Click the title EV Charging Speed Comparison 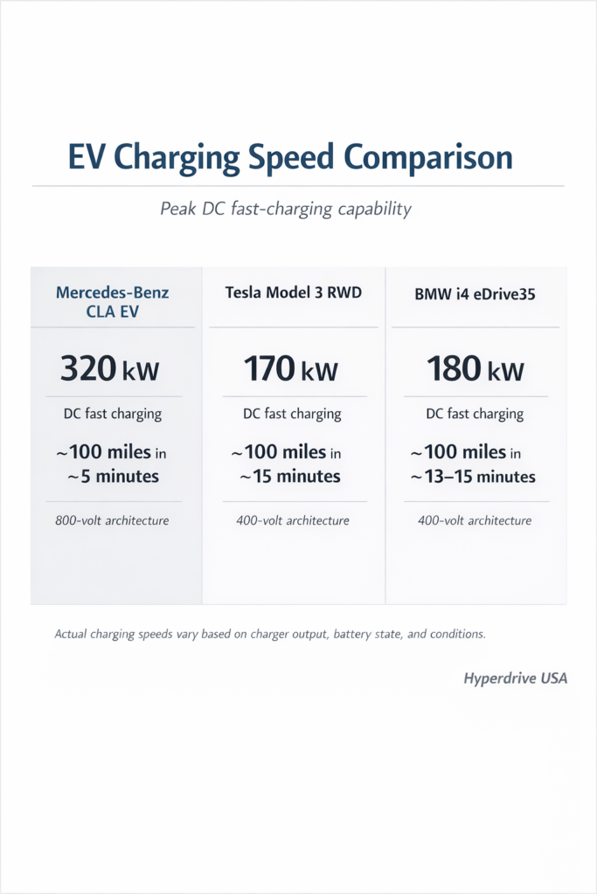point(290,158)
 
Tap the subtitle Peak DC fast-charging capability point(286,210)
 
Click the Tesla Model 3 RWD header point(292,292)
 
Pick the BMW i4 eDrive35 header point(475,294)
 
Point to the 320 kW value point(109,368)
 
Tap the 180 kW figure point(475,368)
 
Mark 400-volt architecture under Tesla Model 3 point(292,521)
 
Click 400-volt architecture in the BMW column point(475,521)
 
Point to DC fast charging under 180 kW point(475,414)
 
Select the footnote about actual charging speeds point(270,635)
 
